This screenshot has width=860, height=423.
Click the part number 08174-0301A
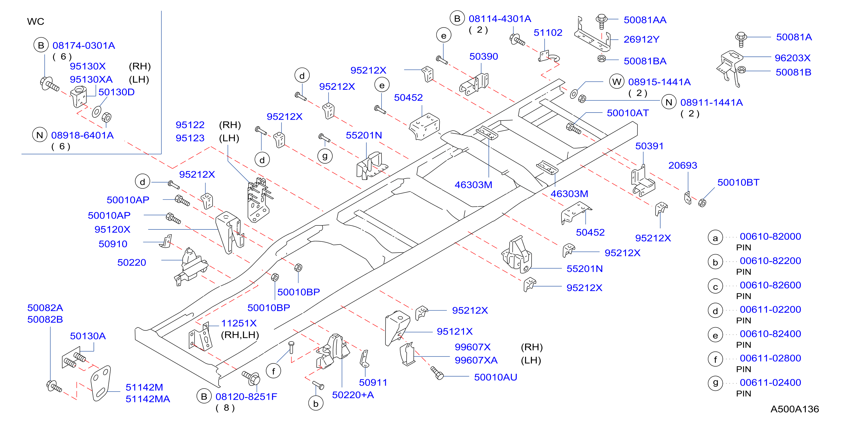coord(84,45)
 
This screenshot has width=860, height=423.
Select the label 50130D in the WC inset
coord(116,92)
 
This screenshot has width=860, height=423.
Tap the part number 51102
coord(548,33)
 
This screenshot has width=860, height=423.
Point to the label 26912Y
coord(641,39)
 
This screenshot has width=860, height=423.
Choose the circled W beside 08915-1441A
coord(617,82)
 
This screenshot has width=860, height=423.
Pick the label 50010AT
coord(628,113)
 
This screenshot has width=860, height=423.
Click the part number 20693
coord(683,165)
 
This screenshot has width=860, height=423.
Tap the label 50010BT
coord(738,182)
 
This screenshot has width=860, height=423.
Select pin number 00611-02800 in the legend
coord(770,358)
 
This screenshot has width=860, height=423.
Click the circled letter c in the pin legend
coord(715,286)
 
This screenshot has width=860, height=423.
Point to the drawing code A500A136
coord(794,409)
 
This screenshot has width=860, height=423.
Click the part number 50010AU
coord(495,377)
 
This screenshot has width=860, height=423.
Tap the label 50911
coord(373,383)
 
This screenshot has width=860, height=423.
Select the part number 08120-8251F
coord(246,397)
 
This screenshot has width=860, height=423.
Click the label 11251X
coord(239,323)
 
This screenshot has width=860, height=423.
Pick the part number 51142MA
coord(148,399)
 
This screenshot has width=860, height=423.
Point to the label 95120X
coord(112,229)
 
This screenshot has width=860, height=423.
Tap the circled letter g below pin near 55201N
coord(325,156)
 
